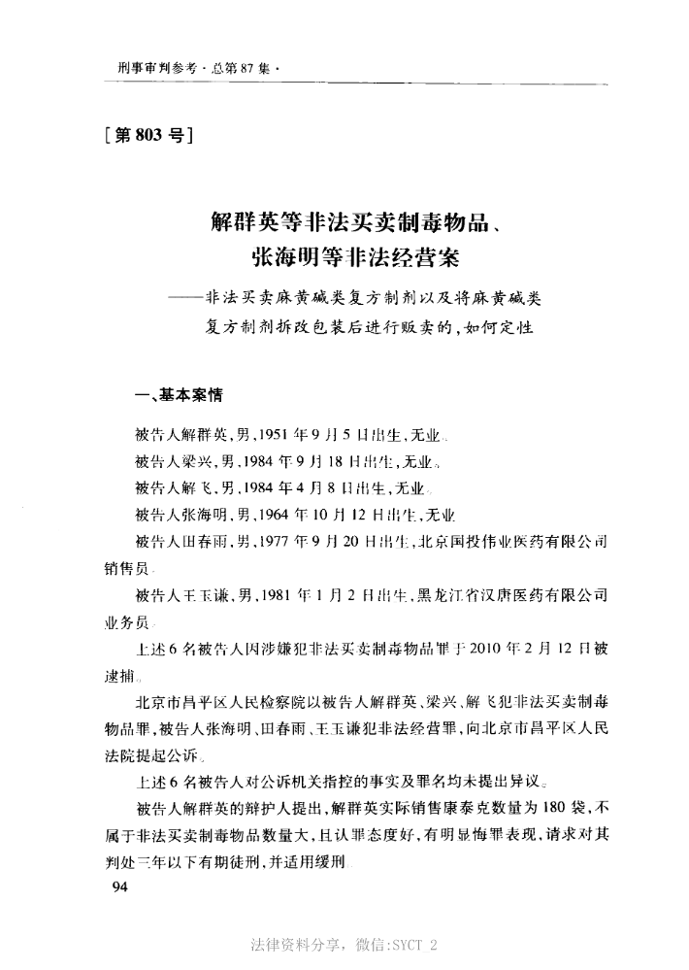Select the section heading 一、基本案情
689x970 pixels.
pos(180,395)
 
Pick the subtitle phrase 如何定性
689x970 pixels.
pos(501,325)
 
